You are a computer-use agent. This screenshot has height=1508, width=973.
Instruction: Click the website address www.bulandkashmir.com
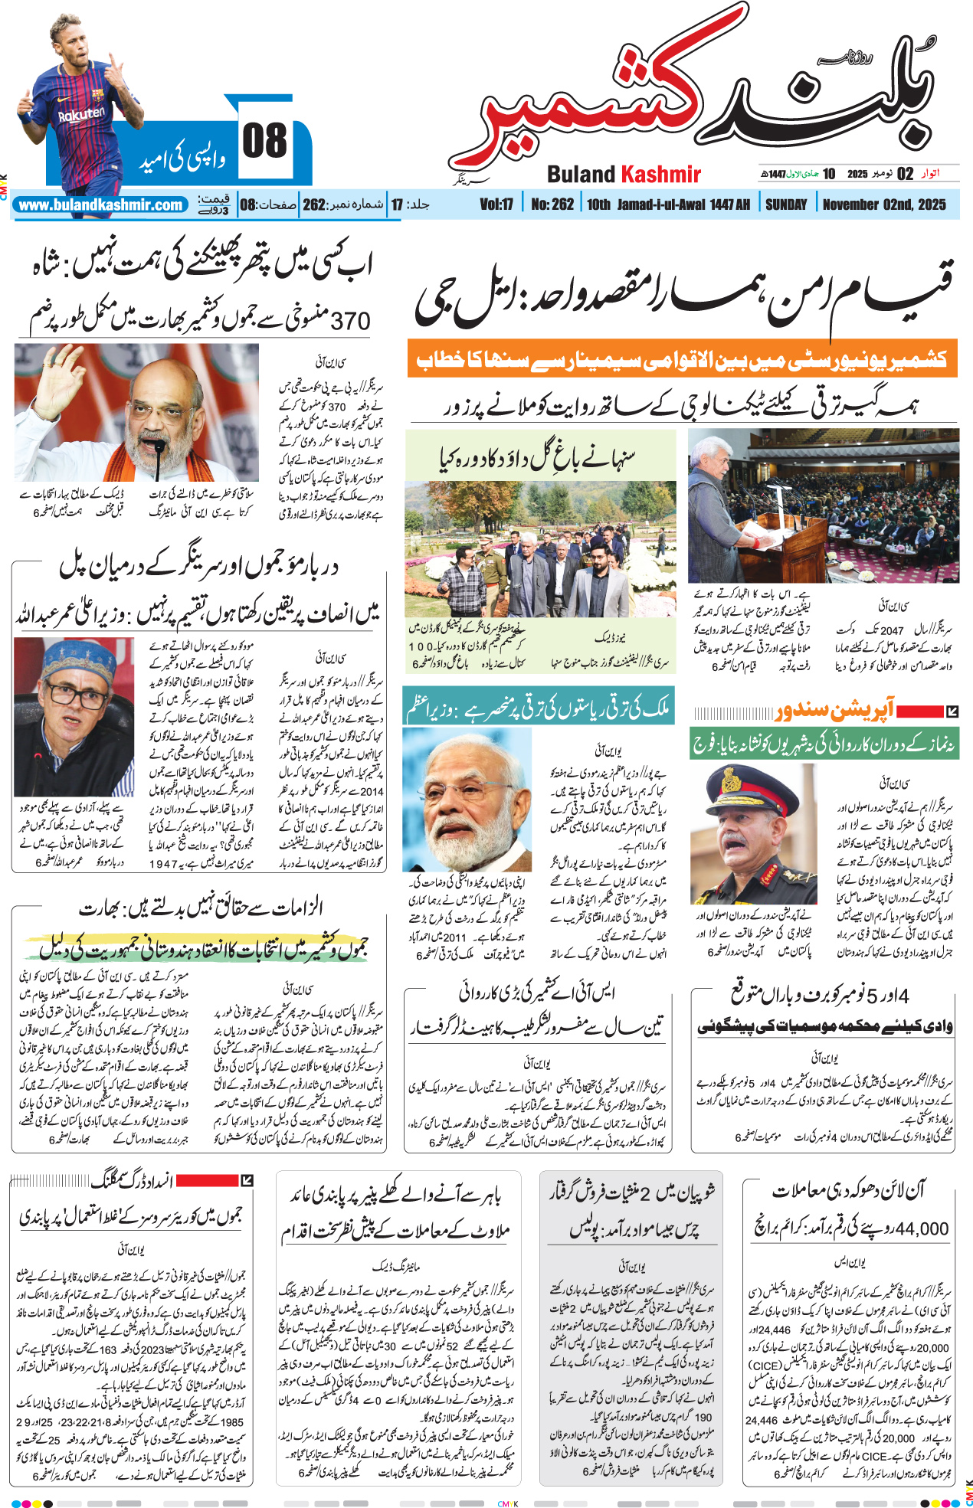pyautogui.click(x=100, y=205)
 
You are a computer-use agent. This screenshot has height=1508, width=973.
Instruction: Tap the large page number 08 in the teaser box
pyautogui.click(x=264, y=141)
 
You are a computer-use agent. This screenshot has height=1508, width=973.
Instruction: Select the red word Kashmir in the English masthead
pyautogui.click(x=660, y=175)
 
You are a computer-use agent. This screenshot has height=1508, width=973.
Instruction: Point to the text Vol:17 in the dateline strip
pyautogui.click(x=496, y=204)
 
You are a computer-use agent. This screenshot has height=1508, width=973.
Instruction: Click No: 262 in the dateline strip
pyautogui.click(x=552, y=204)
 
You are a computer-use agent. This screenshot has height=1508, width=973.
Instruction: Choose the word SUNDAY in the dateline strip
pyautogui.click(x=786, y=204)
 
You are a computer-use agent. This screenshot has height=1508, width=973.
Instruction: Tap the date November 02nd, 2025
pyautogui.click(x=884, y=204)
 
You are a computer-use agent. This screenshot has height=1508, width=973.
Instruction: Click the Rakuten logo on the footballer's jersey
pyautogui.click(x=81, y=115)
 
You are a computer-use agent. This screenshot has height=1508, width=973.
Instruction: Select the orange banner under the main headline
pyautogui.click(x=682, y=358)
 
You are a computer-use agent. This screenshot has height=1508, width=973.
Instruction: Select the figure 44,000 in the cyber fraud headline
pyautogui.click(x=922, y=1228)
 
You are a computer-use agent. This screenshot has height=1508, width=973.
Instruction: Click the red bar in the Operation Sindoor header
pyautogui.click(x=920, y=711)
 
